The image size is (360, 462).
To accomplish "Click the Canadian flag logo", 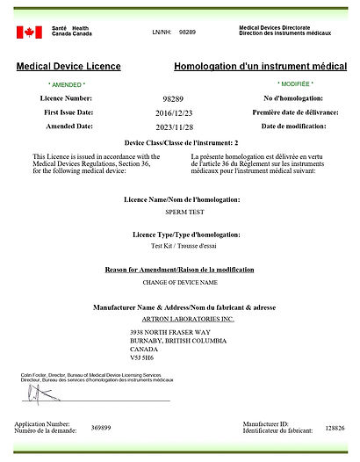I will point(29,32).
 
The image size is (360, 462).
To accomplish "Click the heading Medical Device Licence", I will point(68,67).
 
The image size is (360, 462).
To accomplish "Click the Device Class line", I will point(179,142).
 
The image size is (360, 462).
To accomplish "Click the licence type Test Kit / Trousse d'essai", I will point(179,248).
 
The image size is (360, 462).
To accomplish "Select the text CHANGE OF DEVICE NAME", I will point(179,283).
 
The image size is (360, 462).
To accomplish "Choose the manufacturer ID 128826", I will point(335,427).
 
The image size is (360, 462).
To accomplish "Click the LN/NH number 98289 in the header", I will point(187,32).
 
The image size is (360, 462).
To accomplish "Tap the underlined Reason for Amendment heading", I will point(179,269).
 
